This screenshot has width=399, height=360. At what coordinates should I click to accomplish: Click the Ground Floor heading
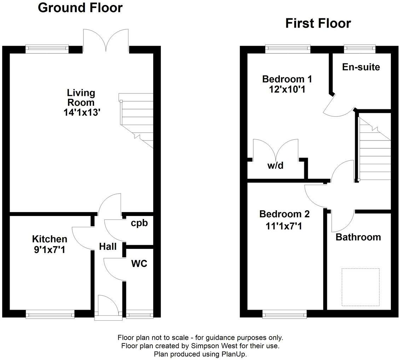[80, 7]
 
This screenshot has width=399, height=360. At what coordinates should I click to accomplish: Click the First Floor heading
[318, 23]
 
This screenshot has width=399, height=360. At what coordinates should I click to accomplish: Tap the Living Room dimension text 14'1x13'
[81, 112]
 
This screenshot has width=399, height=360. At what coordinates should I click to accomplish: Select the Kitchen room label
[50, 239]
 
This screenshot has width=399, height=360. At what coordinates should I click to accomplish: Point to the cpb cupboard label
[139, 223]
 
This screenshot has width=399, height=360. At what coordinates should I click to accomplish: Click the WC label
[139, 264]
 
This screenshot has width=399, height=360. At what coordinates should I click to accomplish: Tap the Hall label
[108, 247]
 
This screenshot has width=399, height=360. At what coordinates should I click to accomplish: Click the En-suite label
[361, 67]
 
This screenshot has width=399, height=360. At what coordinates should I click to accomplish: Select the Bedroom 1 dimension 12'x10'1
[287, 89]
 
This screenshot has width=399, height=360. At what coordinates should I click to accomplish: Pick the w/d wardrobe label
[276, 165]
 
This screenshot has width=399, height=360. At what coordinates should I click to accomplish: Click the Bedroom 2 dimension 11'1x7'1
[284, 226]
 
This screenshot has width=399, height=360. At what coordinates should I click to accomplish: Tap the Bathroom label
[358, 237]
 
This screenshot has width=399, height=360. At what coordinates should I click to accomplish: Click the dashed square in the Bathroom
[360, 287]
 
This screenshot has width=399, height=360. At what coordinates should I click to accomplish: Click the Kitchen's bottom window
[50, 314]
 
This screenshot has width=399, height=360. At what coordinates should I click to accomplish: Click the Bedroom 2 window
[284, 314]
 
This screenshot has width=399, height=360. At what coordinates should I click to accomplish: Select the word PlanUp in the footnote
[235, 354]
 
